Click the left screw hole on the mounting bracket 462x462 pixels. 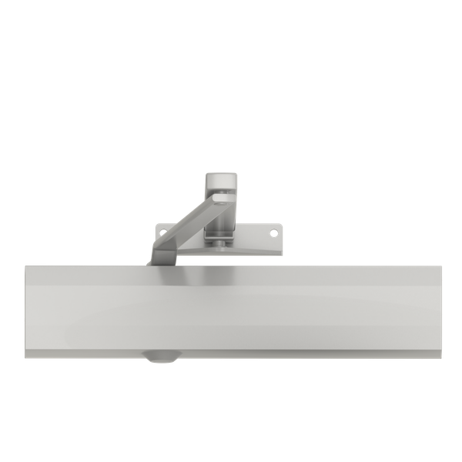click(161, 229)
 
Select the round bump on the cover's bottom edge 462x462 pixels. click(159, 357)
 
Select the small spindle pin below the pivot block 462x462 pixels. click(222, 245)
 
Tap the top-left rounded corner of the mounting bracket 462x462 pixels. click(157, 226)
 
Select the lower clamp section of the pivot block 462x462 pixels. click(221, 223)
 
